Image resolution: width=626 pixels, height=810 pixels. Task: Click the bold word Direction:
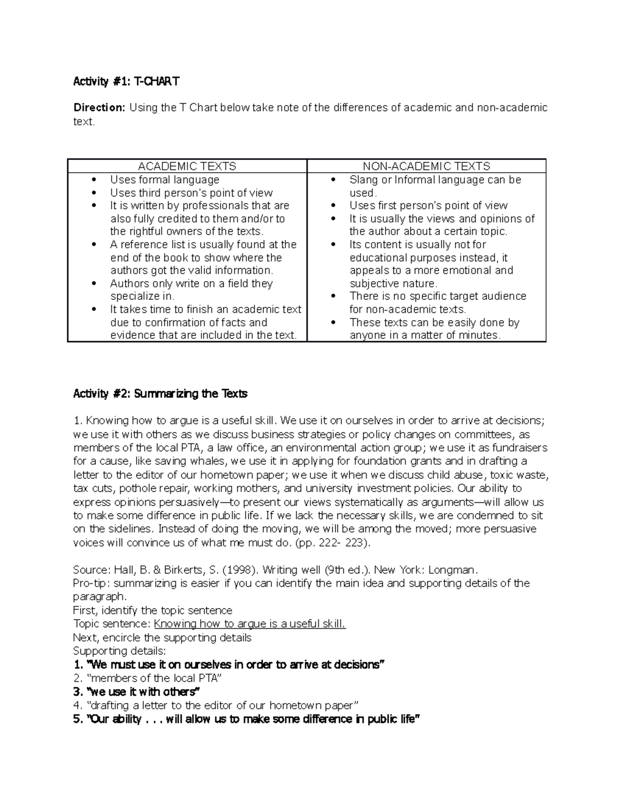(x=99, y=108)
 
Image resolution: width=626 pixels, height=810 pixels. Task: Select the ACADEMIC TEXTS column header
(x=187, y=166)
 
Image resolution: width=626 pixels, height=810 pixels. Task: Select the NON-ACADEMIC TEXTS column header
(x=426, y=166)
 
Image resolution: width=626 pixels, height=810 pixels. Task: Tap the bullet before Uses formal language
(x=94, y=180)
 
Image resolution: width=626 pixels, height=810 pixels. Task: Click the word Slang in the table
(x=364, y=180)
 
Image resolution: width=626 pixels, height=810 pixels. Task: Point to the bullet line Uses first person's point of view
(x=428, y=205)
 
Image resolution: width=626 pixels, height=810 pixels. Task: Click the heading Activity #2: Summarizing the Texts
(x=160, y=394)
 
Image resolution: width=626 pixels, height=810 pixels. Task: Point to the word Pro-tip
(x=92, y=583)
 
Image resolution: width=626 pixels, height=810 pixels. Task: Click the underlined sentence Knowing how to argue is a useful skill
(x=250, y=624)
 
